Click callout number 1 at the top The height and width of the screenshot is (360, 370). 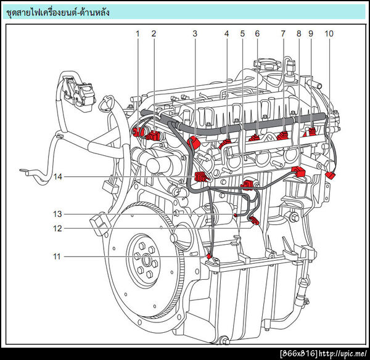138,34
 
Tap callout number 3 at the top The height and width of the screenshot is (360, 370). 195,34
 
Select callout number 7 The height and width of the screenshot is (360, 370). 283,34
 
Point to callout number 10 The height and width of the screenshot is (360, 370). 329,34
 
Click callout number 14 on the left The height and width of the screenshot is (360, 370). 57,177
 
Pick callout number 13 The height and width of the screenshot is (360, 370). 57,214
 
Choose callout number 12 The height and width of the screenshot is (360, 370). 57,228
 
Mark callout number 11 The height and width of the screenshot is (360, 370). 57,256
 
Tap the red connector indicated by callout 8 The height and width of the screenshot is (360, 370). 298,171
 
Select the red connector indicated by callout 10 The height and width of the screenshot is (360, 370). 331,175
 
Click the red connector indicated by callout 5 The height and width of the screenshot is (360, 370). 247,185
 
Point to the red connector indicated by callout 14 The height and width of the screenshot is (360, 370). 200,178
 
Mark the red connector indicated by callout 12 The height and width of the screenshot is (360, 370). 254,221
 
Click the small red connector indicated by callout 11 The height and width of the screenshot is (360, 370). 208,256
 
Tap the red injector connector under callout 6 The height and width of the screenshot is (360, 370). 254,137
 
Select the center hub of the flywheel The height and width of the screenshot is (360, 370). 146,261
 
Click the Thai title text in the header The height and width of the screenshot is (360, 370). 57,12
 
